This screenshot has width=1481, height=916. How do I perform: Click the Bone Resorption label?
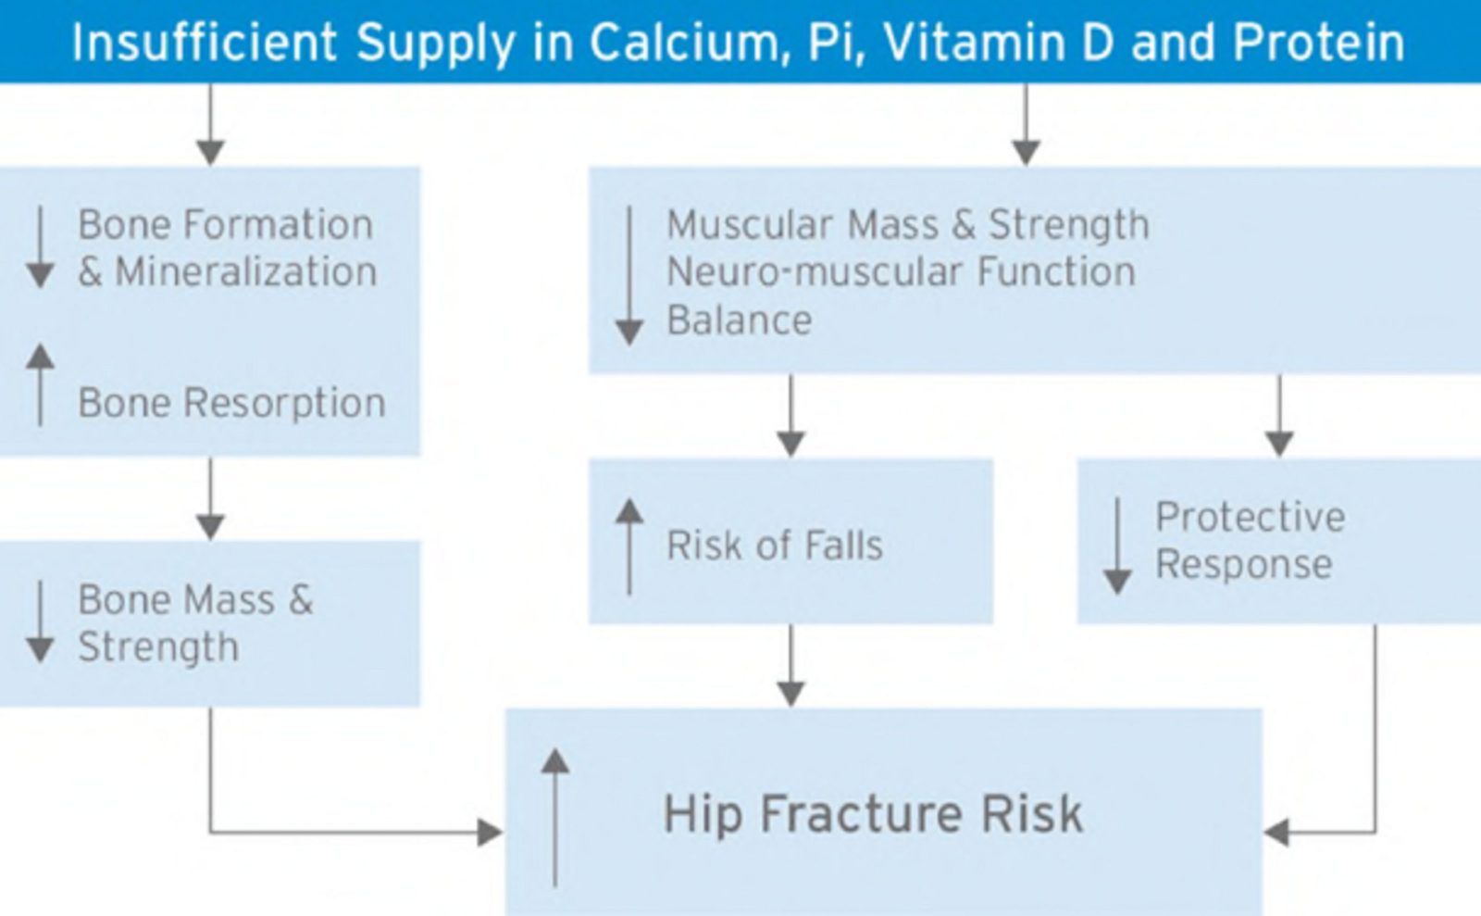click(231, 403)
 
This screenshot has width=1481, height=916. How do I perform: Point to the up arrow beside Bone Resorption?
click(40, 385)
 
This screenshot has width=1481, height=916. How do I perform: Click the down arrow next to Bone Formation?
click(40, 247)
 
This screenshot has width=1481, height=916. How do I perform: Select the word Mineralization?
click(245, 272)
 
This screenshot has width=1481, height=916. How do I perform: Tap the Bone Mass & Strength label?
click(195, 622)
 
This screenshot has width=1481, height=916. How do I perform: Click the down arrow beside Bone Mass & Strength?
click(40, 622)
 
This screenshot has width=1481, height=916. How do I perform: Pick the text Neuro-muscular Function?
click(901, 272)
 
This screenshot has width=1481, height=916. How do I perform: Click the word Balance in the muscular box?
click(739, 320)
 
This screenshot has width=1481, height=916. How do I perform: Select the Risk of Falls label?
click(775, 545)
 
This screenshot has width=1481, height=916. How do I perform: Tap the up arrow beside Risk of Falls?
click(629, 546)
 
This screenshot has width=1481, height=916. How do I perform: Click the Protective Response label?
click(1250, 540)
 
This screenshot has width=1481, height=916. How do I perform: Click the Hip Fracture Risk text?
click(873, 814)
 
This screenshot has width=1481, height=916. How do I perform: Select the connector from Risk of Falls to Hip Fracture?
click(790, 665)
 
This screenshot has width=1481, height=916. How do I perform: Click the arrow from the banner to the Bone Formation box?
click(210, 124)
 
